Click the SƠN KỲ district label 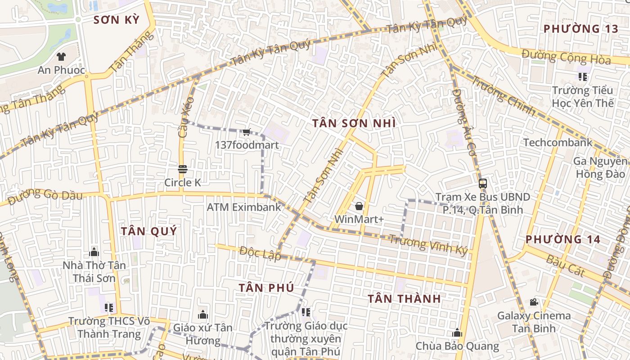click(x=116, y=20)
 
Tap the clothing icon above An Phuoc click(x=61, y=57)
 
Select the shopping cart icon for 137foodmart click(x=246, y=132)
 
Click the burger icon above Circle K click(x=182, y=169)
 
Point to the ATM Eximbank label click(x=243, y=207)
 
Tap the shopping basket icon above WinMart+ click(x=359, y=206)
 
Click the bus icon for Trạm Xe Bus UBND click(x=483, y=183)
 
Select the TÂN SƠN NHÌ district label click(x=354, y=123)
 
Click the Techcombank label click(x=558, y=143)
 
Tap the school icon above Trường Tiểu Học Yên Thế click(x=583, y=77)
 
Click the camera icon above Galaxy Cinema click(x=534, y=302)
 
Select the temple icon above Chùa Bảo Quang click(x=457, y=333)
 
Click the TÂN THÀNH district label click(x=404, y=299)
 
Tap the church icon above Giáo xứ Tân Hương click(x=203, y=314)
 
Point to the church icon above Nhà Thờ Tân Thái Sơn click(x=94, y=252)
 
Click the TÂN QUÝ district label click(x=148, y=231)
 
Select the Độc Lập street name click(x=260, y=253)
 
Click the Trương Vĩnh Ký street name click(x=428, y=245)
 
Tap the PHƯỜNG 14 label click(x=562, y=239)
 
